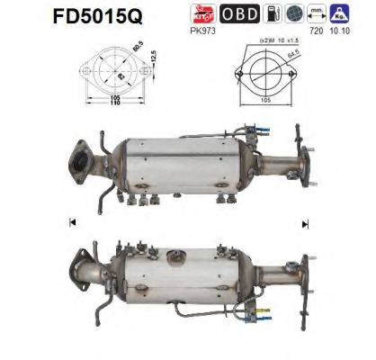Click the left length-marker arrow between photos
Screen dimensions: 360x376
click(x=71, y=221)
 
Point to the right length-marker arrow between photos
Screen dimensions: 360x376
click(x=305, y=221)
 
